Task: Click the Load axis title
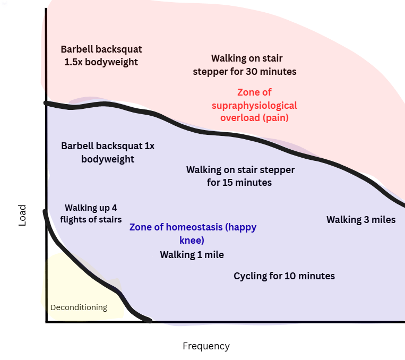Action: pos(22,216)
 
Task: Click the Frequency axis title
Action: pos(206,346)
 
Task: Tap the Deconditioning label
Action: pos(79,307)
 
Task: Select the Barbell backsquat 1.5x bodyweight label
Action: pos(101,56)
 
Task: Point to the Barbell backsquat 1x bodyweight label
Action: pos(108,152)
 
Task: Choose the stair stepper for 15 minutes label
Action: pos(240,176)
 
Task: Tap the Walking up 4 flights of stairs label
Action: pos(91,213)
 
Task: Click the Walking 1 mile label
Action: pos(192,255)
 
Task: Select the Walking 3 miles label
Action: pos(360,220)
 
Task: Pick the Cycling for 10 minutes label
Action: pos(284,276)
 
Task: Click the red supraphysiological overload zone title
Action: pos(254,105)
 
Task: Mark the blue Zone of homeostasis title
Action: pos(193,233)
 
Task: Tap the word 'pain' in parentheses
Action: pos(276,118)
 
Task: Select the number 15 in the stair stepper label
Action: pos(230,183)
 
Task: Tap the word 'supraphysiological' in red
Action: pos(254,105)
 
